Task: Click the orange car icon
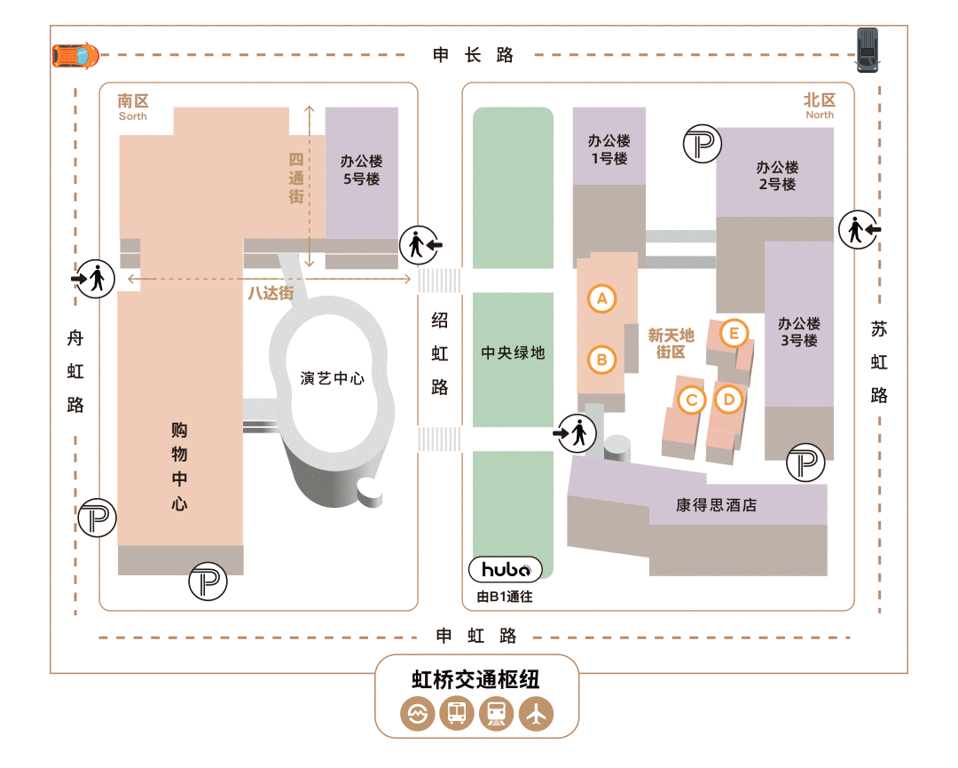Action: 76,56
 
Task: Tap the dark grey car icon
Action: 867,51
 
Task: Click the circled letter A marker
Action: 602,298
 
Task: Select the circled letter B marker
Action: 602,360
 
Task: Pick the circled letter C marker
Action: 691,400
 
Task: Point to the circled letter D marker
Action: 728,400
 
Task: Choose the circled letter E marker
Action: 734,334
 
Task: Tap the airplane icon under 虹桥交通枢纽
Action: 537,713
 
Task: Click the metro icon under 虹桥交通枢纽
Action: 417,713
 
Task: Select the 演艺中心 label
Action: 333,378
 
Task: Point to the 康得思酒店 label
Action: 717,505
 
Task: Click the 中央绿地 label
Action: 513,352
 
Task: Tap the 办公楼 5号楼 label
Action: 361,170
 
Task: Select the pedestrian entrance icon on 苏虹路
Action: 858,229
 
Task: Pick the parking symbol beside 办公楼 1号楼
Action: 703,144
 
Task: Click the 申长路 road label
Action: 474,55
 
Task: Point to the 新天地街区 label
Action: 671,343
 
